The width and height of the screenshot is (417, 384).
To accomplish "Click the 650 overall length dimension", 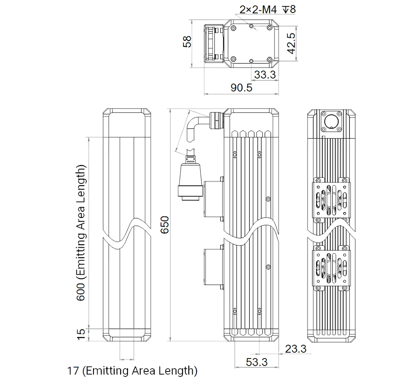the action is tap(165, 225).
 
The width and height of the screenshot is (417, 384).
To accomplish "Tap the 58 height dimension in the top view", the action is tap(187, 41).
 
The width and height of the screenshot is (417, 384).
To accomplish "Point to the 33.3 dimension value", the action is tap(265, 75).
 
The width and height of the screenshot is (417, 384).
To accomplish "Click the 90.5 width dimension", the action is tap(241, 88).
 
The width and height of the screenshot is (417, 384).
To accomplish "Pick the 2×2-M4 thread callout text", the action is tap(258, 10).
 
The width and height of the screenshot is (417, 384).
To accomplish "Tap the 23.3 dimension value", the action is tap(296, 349).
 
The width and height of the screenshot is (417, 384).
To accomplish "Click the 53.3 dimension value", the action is tap(256, 362).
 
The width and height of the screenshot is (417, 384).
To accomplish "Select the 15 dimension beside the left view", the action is tap(81, 334).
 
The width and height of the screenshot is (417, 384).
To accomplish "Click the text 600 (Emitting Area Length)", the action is tap(81, 233).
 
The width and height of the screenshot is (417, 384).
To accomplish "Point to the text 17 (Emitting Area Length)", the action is tap(132, 370).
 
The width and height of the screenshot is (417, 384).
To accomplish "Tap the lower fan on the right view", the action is tap(332, 268).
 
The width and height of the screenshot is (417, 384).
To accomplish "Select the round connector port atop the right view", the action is tap(331, 121).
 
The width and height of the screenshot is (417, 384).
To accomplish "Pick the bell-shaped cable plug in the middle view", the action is tap(191, 178).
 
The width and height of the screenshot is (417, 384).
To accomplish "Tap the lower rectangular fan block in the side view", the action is tap(214, 268).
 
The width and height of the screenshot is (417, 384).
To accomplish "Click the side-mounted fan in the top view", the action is tap(214, 43).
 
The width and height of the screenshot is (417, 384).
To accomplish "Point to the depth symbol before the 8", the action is tap(286, 10).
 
